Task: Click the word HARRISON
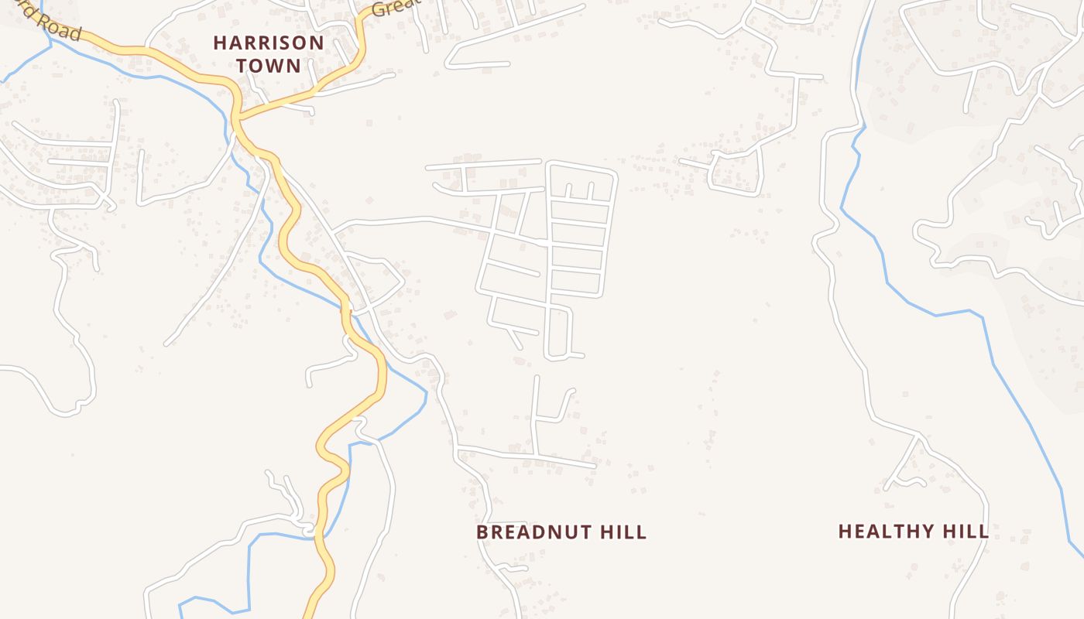[269, 43]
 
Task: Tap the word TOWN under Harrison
[269, 65]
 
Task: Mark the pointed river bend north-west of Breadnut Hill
[426, 394]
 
